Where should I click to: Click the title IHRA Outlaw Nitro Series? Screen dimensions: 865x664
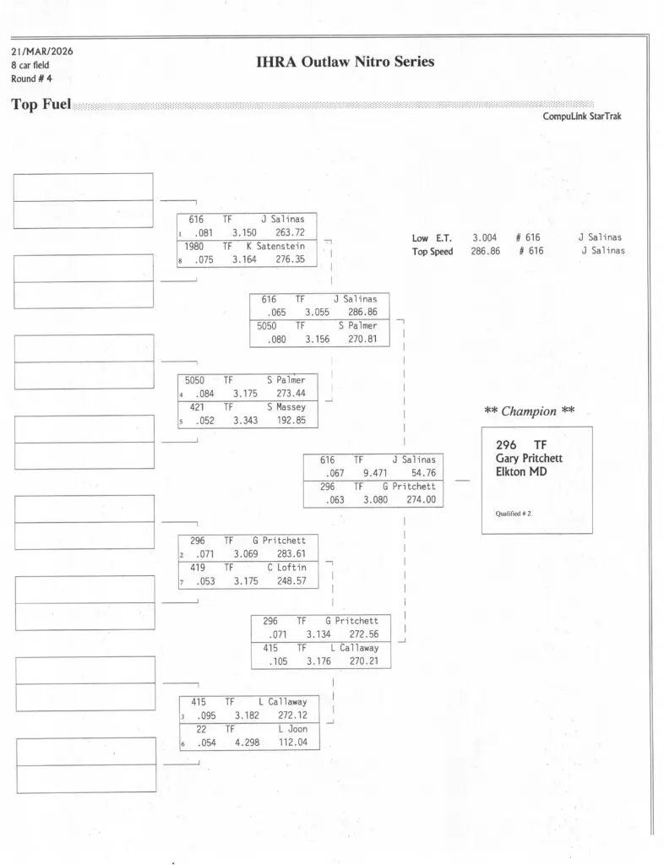(345, 62)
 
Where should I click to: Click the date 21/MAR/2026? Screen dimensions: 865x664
(42, 51)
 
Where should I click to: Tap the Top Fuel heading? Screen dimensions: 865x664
(41, 105)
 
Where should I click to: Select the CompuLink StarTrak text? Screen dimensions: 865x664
(582, 117)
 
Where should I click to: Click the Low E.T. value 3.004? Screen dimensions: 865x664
(484, 238)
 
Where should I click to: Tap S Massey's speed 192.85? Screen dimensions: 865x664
(291, 421)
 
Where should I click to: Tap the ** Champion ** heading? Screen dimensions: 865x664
(530, 411)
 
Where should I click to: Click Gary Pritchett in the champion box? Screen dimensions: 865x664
(529, 458)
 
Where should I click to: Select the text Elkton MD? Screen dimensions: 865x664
(522, 471)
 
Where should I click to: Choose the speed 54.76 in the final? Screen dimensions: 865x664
(423, 474)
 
